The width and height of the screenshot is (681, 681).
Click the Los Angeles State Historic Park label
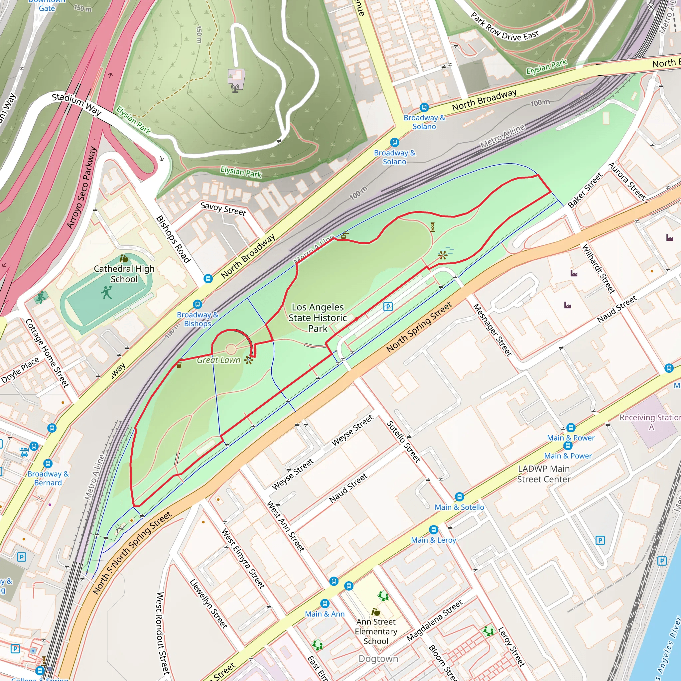[x=318, y=318]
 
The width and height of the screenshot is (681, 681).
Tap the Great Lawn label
[x=218, y=360]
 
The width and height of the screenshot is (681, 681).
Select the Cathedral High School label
[x=124, y=274]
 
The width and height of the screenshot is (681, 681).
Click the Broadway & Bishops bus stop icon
[x=198, y=304]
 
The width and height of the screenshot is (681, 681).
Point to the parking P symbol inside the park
[x=388, y=306]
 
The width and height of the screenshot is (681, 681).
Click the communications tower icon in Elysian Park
[x=235, y=88]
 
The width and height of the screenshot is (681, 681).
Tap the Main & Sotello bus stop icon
[x=459, y=497]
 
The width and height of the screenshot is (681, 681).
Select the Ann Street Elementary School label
[x=376, y=631]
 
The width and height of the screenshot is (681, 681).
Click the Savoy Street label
[x=223, y=209]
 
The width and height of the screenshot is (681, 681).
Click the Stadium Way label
[x=77, y=104]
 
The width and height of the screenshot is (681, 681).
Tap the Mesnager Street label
[x=492, y=330]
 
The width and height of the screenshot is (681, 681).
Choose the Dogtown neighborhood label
[x=378, y=658]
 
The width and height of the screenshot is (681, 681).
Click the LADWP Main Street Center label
[x=544, y=474]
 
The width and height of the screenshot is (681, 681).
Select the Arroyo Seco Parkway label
[x=82, y=188]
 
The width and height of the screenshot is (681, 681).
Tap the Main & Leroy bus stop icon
[x=434, y=529]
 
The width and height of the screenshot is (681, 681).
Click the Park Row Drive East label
[x=505, y=27]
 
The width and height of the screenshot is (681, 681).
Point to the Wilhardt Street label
[x=598, y=269]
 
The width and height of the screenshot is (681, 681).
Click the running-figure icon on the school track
[x=106, y=292]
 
